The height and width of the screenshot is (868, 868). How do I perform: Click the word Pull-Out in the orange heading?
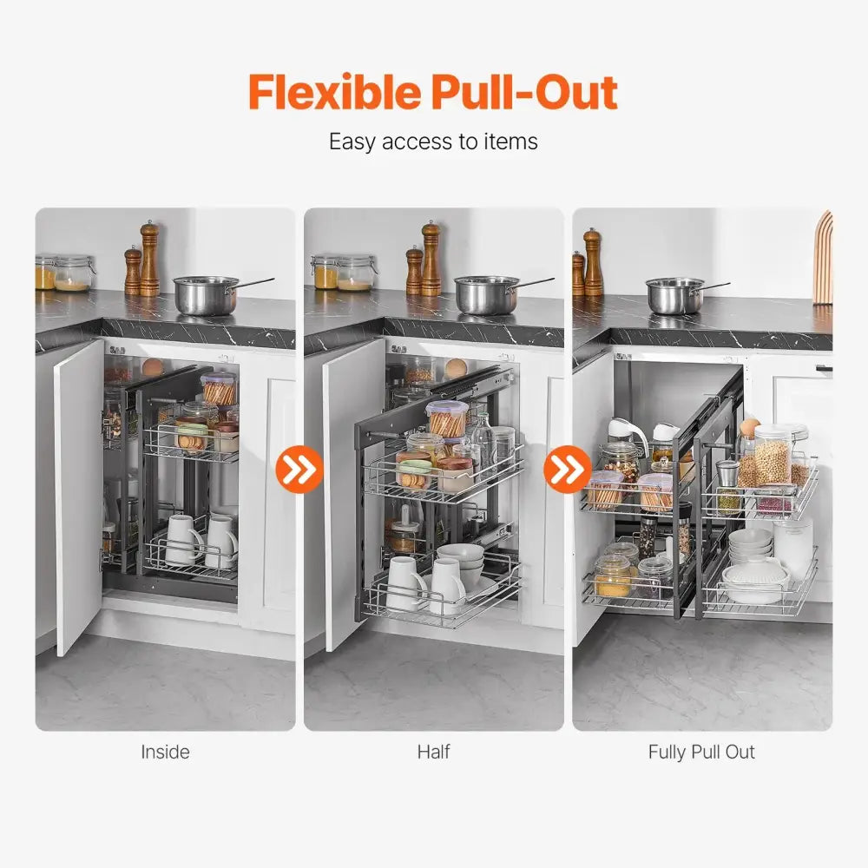522,92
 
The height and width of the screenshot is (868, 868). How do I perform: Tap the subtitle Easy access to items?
433,141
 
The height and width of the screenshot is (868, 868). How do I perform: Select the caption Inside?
165,752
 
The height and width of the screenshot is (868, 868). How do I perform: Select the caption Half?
433,752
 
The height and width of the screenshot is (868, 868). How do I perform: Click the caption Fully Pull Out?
701,752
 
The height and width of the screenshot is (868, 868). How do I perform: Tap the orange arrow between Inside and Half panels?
299,470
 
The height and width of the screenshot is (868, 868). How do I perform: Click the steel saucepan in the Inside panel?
207,295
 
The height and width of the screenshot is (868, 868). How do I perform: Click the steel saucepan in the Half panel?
486,295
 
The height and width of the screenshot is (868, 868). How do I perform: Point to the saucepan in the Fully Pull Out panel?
675,295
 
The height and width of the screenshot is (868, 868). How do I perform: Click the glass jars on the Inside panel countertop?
64,273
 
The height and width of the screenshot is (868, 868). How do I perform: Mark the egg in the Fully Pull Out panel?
749,427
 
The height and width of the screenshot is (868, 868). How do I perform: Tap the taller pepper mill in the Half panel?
431,259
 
